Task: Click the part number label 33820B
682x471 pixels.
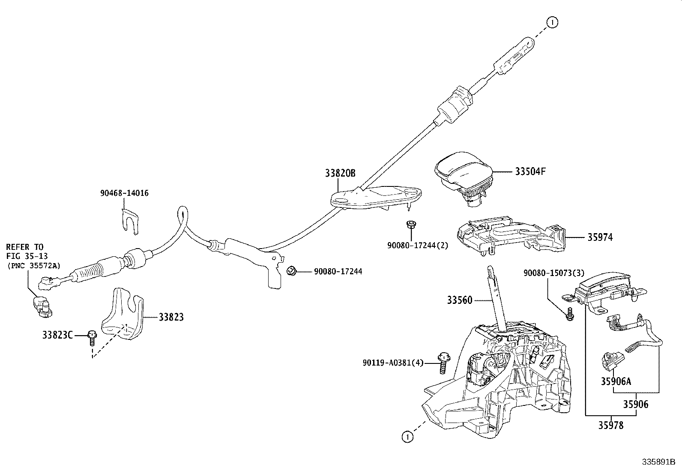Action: point(340,173)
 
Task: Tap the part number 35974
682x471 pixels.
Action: point(600,237)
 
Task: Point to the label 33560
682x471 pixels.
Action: point(460,300)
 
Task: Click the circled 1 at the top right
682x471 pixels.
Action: point(552,23)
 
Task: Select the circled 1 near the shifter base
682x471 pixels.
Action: point(407,437)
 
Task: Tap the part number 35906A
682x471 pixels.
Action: point(616,381)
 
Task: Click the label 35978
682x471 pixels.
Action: point(611,426)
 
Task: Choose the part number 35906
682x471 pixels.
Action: point(636,404)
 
